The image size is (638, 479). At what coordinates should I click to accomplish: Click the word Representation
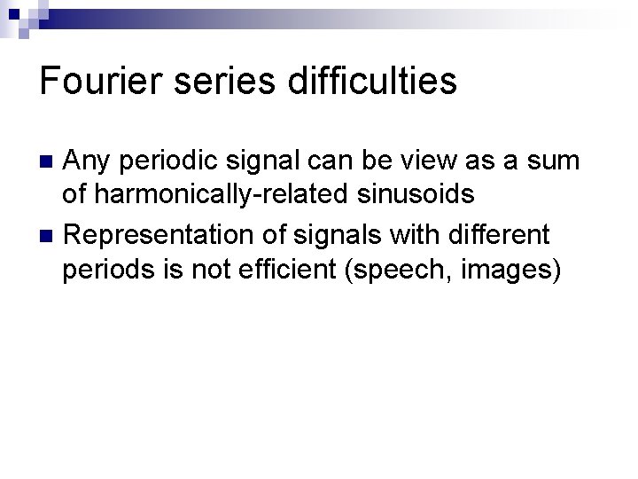pos(156,235)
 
